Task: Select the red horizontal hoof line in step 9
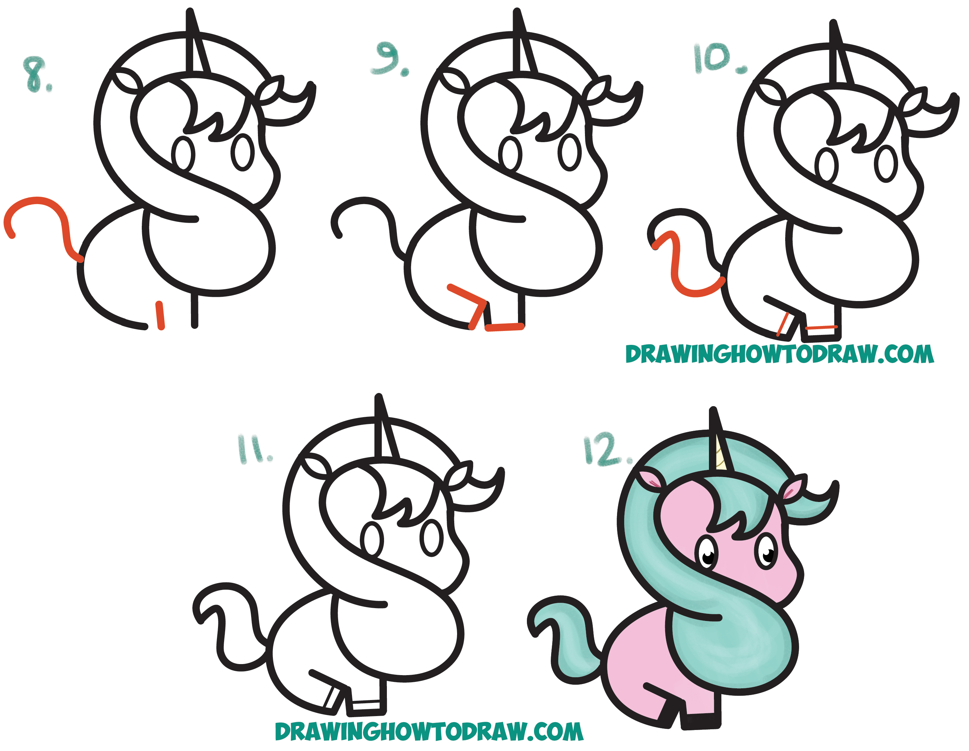[x=505, y=327]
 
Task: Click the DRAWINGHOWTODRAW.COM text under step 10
[x=779, y=354]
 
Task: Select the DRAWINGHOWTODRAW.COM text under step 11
[x=429, y=731]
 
